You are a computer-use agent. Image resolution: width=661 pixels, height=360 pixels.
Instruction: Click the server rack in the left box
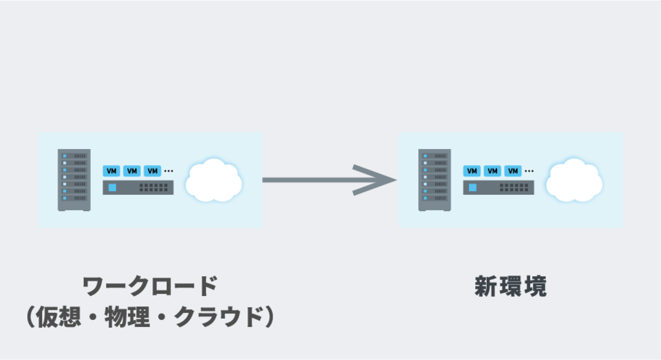tap(74, 180)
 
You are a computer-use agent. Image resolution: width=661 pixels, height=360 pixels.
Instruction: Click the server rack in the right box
tap(434, 180)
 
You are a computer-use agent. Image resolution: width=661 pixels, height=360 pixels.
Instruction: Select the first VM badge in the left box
tap(112, 171)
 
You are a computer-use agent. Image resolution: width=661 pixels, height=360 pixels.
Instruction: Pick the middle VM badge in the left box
tap(132, 171)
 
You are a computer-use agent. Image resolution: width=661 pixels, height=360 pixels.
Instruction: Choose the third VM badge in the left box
tap(152, 171)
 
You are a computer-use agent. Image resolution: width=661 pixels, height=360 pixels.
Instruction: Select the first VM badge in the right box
tap(472, 171)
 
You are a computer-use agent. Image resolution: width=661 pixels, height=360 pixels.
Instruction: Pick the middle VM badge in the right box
tap(493, 171)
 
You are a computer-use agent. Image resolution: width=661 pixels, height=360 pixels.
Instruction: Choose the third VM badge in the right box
tap(513, 171)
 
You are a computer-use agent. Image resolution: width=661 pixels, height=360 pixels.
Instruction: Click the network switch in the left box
tap(138, 188)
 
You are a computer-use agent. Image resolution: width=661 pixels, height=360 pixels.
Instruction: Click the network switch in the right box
tap(498, 188)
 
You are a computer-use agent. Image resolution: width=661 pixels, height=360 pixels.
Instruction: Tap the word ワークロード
tap(150, 286)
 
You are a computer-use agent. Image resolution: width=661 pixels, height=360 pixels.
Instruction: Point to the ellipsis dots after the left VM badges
tap(168, 171)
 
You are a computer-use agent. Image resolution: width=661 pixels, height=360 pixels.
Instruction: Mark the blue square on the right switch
tap(473, 188)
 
